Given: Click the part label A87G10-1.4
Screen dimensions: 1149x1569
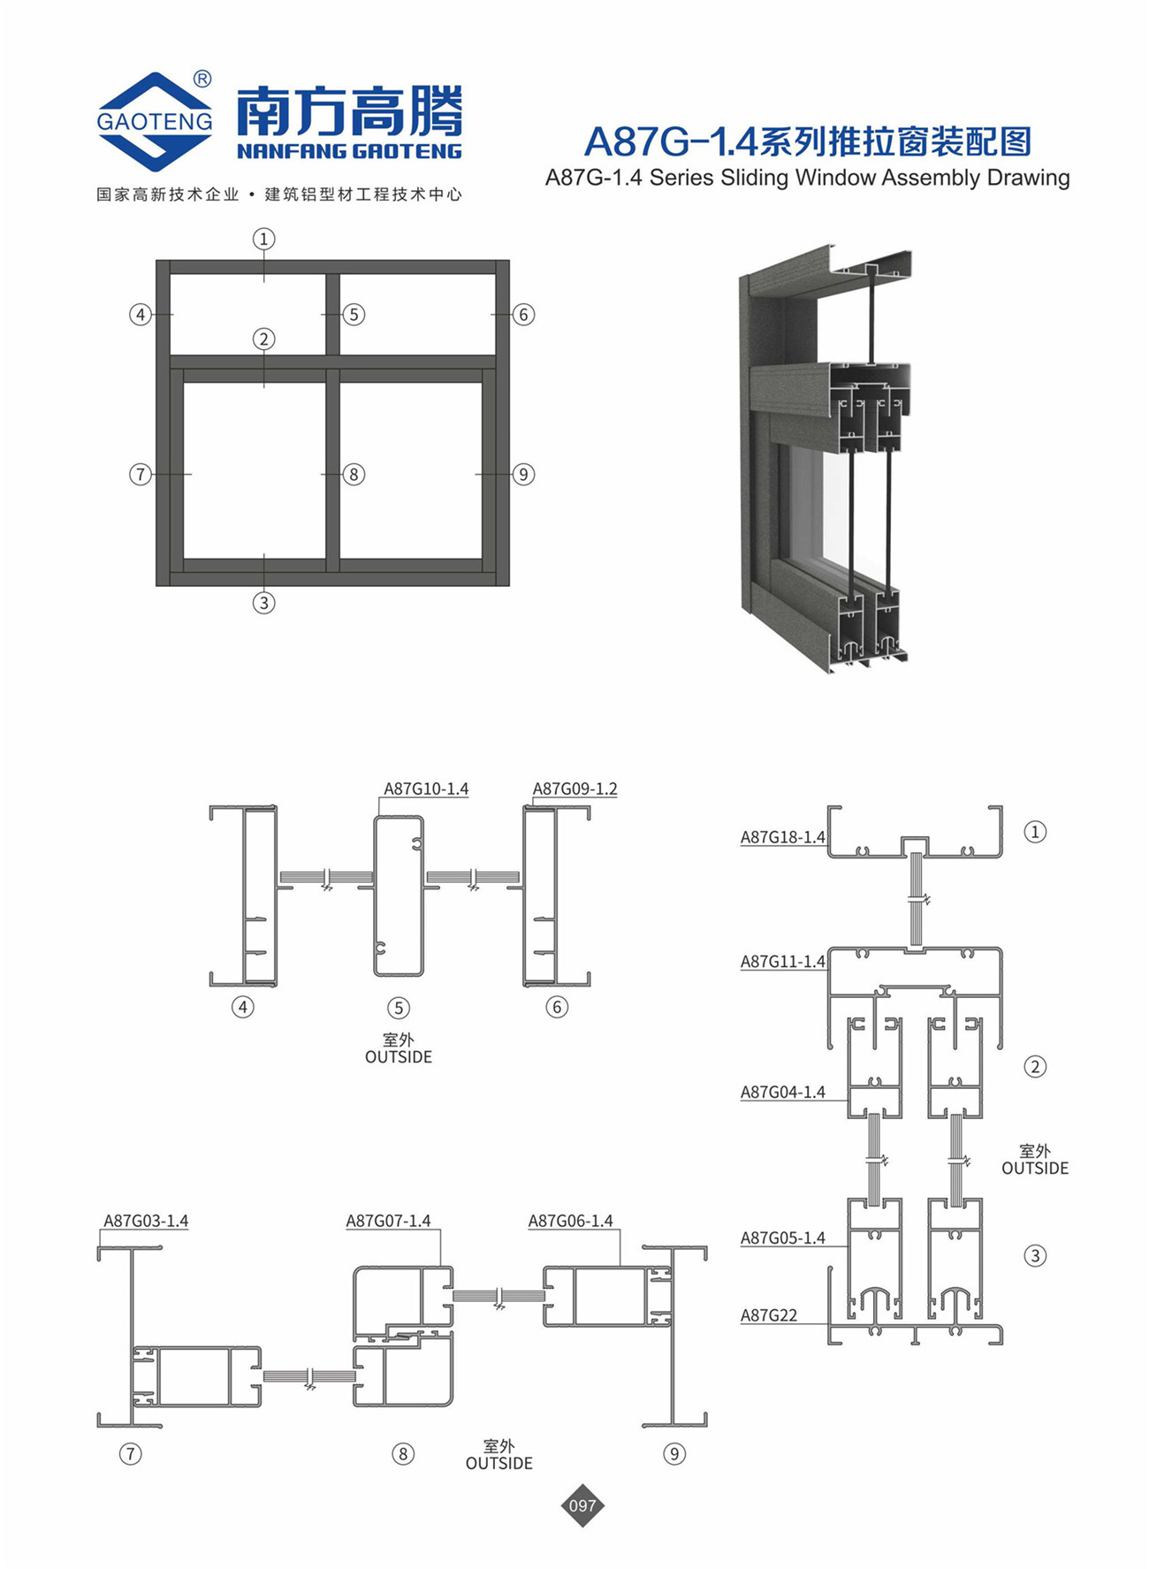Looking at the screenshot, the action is tap(426, 788).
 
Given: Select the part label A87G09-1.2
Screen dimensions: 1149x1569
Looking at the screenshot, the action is tap(574, 788).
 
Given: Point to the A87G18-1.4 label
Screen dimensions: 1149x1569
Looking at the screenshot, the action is tap(783, 837).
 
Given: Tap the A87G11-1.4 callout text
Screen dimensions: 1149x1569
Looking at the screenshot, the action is tap(783, 962).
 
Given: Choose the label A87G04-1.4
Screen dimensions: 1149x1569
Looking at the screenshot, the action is tap(783, 1093).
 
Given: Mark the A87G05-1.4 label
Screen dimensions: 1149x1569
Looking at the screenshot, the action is tap(783, 1238).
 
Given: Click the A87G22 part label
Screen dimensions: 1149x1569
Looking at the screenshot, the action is tap(769, 1315).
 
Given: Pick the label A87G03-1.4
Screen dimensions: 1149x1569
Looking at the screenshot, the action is tap(146, 1221).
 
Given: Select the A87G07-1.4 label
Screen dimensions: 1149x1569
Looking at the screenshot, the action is tap(388, 1221).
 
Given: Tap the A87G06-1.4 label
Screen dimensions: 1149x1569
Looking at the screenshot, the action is tap(570, 1221).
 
